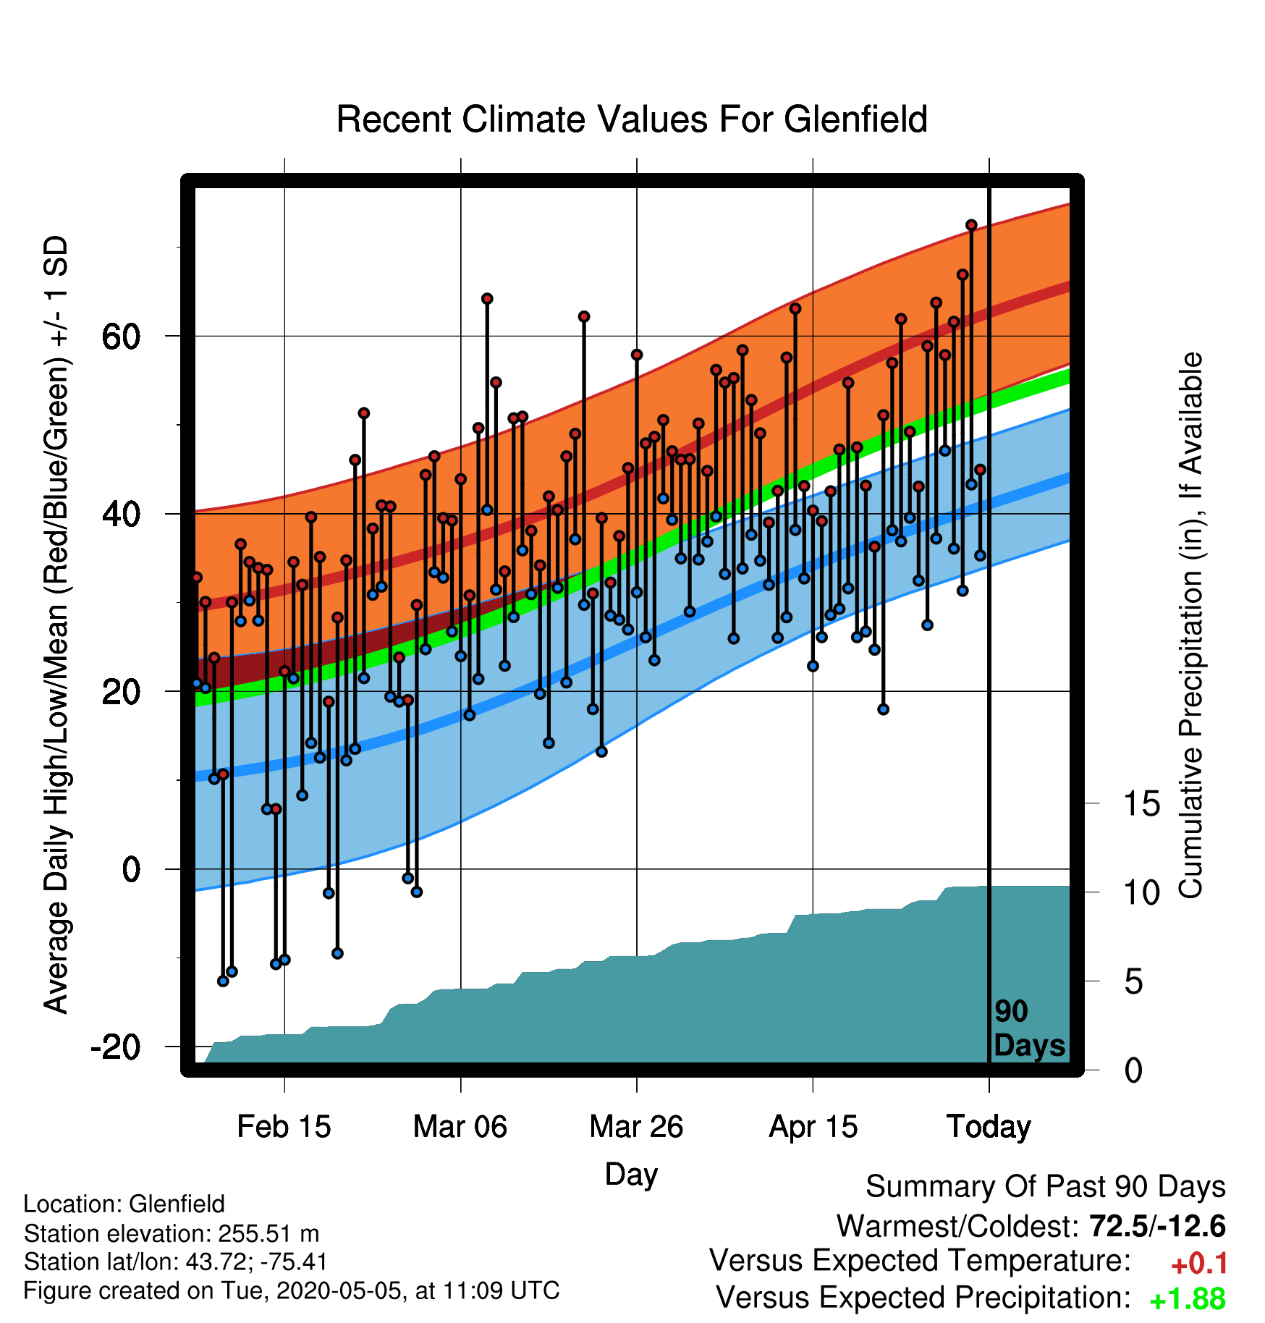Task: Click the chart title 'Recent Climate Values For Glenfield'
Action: coord(632,119)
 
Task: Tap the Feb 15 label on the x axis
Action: coord(284,1127)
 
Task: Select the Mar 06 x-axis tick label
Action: coord(460,1127)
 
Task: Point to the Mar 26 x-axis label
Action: coord(636,1127)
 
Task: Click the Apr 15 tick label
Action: coord(813,1127)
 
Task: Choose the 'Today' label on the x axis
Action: coord(989,1127)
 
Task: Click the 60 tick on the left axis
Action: coord(122,337)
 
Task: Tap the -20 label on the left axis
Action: coord(116,1047)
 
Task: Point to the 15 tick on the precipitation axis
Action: coord(1142,803)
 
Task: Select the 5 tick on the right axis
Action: coord(1133,981)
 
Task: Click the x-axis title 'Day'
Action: coord(631,1174)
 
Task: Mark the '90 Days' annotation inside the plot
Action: coord(1029,1028)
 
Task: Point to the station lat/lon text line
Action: coord(176,1262)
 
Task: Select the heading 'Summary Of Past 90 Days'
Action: coord(1046,1187)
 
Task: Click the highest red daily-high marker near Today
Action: coord(971,225)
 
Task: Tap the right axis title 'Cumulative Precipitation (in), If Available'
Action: coord(1190,625)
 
